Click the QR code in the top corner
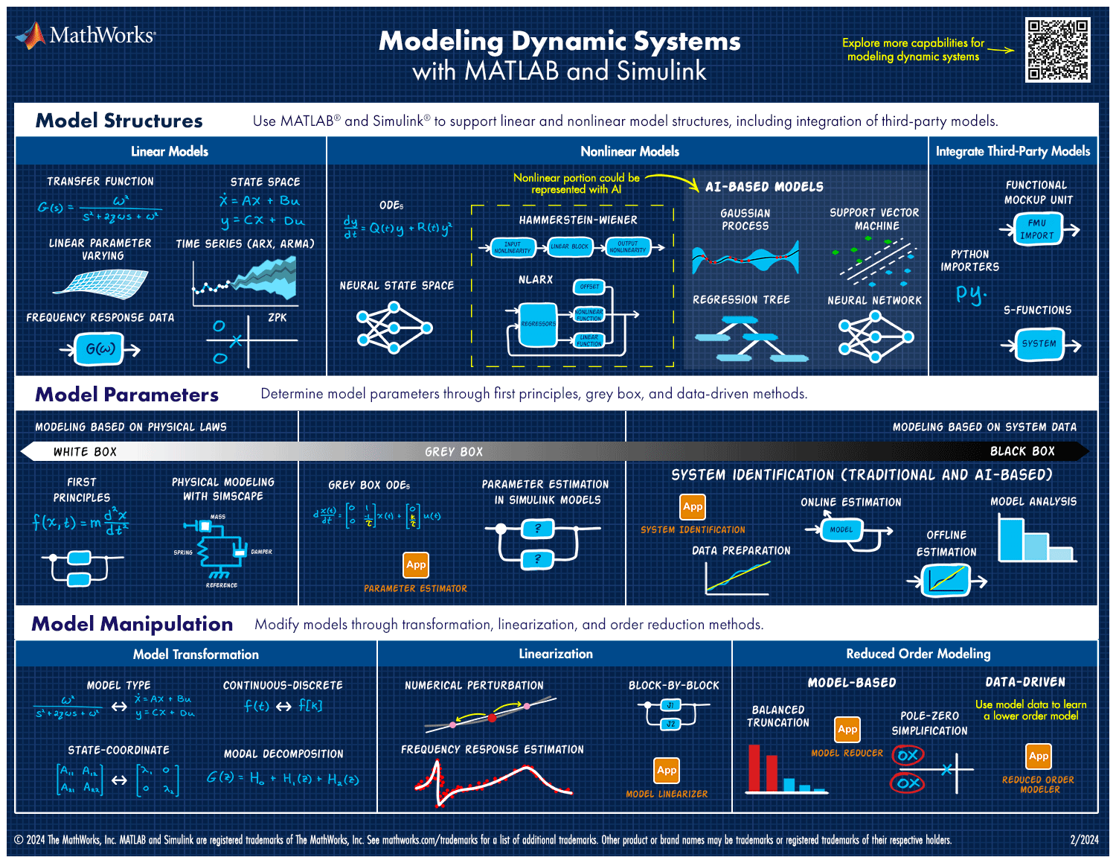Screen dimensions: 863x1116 coord(1057,50)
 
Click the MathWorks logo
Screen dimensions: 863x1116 coord(86,35)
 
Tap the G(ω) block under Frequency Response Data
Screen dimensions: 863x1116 coord(100,349)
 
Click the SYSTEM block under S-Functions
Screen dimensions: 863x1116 coord(1039,344)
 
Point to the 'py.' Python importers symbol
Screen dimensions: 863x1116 coord(970,293)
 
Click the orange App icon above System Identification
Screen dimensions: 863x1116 coord(693,507)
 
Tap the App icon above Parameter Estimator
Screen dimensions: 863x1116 coord(416,565)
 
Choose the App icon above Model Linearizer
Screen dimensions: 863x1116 coord(667,771)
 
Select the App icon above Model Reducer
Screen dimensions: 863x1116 coord(847,730)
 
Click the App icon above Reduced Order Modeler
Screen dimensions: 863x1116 coord(1039,757)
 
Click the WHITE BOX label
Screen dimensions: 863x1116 coord(85,452)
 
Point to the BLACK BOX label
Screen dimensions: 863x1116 coord(1022,451)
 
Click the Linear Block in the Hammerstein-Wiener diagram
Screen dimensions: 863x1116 coord(570,246)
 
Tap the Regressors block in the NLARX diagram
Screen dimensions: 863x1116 coord(538,324)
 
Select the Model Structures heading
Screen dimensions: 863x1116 coord(119,121)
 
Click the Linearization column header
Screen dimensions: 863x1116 coord(556,654)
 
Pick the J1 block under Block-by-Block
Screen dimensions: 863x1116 coord(670,706)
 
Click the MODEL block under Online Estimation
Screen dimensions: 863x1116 coord(841,529)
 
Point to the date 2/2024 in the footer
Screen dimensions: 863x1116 coord(1084,840)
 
